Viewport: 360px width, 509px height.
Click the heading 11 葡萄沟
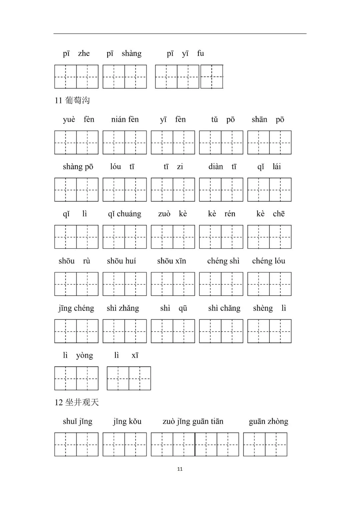72,100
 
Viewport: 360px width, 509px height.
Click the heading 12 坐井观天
77,402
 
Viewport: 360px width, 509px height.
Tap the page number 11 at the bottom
180,469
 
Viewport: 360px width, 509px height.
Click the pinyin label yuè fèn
79,120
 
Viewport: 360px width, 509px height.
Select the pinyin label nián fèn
125,120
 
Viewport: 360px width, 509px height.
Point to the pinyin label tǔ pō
223,120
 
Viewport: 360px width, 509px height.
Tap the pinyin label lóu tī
122,167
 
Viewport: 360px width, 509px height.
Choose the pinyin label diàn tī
222,167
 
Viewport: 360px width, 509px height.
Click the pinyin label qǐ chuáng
124,214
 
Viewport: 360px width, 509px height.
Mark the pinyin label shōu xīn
172,261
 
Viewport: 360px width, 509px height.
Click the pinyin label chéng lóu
269,261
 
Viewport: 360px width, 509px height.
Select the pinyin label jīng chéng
76,308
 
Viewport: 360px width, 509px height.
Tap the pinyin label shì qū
174,308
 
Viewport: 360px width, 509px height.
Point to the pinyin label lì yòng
78,355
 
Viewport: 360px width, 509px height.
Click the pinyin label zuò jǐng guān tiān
193,422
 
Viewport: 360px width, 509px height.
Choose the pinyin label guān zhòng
268,422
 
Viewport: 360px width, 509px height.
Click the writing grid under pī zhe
76,77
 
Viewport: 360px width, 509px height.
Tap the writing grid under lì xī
129,378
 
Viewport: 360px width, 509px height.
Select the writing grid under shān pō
269,143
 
